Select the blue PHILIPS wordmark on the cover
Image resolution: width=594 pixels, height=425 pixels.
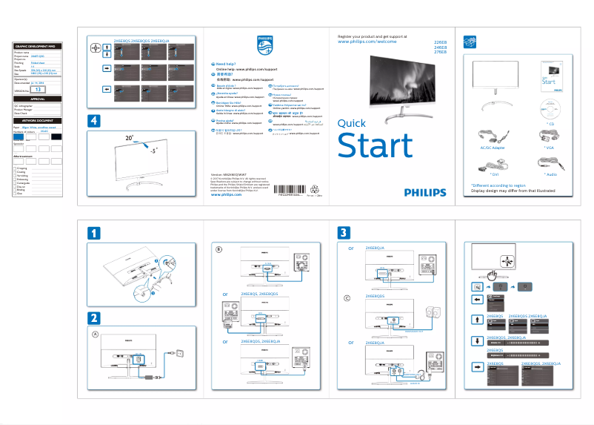coord(425,191)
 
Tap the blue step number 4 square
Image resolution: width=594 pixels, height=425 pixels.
coord(93,120)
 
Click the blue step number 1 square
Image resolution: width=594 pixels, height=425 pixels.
coord(93,233)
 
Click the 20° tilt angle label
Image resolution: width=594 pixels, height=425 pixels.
coord(130,138)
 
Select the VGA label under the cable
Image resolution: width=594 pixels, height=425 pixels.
coord(549,148)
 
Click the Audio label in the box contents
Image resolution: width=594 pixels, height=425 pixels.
coord(549,175)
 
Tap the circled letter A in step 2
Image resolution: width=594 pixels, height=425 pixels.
coord(94,334)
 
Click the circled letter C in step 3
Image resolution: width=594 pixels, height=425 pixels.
coord(347,298)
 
